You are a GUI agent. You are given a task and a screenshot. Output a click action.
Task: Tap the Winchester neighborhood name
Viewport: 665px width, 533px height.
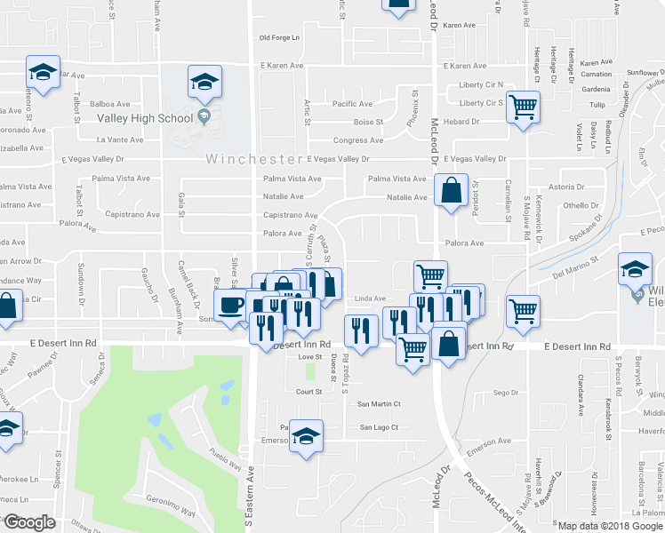pos(254,160)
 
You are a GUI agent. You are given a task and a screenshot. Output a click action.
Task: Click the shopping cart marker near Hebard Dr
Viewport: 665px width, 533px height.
pos(525,107)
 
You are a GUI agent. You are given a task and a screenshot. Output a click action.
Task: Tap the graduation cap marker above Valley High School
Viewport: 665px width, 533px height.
pos(204,83)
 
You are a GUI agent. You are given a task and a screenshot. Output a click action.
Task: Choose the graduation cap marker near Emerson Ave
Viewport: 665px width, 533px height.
pos(306,437)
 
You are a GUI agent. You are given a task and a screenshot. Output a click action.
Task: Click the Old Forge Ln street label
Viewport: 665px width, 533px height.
pos(280,37)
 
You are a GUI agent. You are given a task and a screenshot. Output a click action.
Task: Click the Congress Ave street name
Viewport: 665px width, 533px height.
pos(358,140)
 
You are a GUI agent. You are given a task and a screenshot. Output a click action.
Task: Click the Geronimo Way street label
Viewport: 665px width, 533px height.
pos(170,513)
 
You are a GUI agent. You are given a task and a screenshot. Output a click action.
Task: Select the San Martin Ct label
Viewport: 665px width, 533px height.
pos(379,403)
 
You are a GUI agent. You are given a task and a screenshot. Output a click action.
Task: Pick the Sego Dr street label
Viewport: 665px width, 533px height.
pos(505,392)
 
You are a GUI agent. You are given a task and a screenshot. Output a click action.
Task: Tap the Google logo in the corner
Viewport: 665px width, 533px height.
pos(28,522)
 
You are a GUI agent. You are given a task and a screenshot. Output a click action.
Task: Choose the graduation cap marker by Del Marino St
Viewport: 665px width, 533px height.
pos(636,270)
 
